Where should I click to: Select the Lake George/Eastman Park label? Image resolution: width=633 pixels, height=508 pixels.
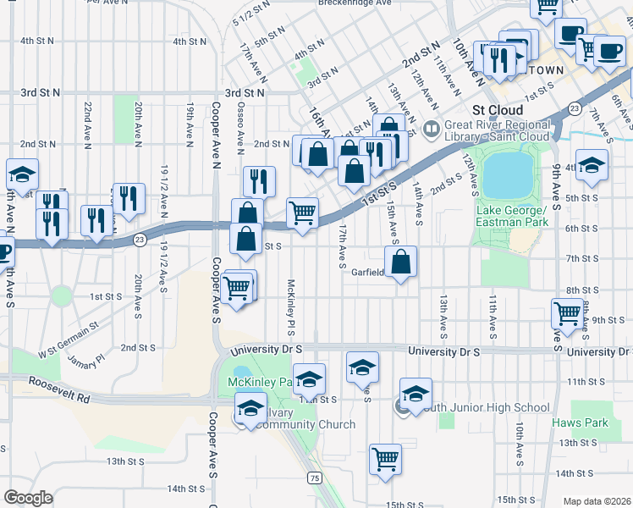513,217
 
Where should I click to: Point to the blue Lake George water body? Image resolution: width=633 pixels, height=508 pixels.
507,174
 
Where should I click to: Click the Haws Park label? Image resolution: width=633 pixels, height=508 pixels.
580,422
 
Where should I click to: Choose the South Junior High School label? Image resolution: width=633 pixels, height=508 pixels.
482,407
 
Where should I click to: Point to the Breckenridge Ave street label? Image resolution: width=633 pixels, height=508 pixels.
355,3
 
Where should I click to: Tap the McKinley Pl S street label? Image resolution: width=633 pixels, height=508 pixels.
290,306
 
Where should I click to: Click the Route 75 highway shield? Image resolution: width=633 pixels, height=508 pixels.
315,478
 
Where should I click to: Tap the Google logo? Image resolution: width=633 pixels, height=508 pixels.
28,498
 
